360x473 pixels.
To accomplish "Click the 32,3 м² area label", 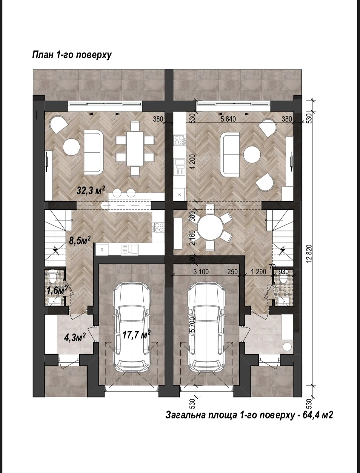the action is pos(91,191).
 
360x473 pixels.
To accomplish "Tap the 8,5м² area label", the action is pos(80,240).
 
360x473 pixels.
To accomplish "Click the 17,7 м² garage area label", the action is pos(136,334).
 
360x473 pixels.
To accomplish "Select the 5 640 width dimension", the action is pos(228,119).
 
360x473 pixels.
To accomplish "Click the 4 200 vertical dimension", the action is pos(193,162).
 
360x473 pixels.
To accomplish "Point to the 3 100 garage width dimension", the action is pos(201,272).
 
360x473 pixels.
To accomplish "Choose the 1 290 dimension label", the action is pos(259,272).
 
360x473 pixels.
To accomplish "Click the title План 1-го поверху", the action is pos(72,55).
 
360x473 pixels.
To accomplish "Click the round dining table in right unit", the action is pos(210,227).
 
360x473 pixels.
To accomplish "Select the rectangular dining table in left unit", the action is pos(135,149).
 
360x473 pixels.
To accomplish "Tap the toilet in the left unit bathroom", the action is pos(53,278).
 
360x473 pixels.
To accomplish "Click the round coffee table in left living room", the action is pos(71,147).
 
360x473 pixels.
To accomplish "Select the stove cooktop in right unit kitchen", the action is pos(179,140).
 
